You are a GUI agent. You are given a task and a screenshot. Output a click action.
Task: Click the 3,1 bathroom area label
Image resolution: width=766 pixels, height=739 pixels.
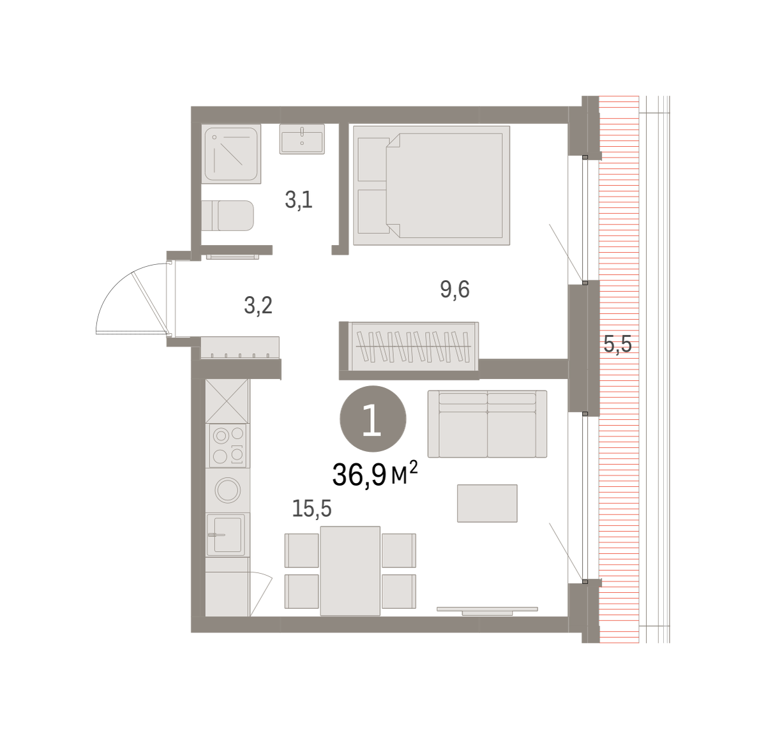299,200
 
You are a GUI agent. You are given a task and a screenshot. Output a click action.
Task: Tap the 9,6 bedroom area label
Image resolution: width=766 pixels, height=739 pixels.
454,290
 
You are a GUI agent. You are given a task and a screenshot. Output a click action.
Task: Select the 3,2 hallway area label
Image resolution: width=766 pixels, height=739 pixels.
259,305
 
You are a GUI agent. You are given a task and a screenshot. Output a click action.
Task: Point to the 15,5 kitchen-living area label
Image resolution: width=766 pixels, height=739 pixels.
312,508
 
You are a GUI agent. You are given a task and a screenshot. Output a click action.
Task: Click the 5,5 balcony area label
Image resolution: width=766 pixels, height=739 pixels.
618,345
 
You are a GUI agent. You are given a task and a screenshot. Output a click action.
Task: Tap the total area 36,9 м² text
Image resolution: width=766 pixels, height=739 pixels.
375,474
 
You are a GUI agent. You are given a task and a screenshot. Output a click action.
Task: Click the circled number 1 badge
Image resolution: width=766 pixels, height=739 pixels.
373,419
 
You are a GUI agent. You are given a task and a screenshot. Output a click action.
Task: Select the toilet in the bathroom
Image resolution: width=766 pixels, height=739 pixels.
227,216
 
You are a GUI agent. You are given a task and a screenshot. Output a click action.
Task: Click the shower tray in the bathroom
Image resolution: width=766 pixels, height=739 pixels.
232,154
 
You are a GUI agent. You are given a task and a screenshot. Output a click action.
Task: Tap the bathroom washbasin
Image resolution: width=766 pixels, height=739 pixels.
302,139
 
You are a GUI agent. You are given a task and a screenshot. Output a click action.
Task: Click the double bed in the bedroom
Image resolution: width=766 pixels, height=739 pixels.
432,185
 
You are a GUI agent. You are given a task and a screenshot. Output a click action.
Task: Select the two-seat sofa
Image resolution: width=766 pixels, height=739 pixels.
487,424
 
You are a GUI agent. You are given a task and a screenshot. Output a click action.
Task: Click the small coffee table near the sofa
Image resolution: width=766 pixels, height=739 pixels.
487,504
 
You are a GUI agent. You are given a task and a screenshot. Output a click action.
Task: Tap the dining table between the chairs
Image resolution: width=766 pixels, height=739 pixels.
350,571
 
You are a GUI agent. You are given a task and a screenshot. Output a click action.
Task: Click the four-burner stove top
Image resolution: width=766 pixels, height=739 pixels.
228,445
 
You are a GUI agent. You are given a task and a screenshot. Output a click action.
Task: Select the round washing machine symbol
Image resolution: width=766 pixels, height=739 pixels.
227,490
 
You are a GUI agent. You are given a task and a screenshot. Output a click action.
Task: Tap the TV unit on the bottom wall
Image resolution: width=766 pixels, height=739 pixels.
487,611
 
